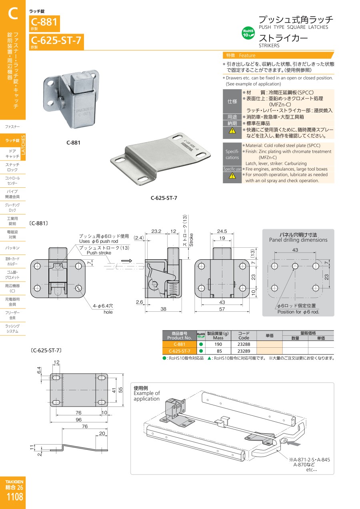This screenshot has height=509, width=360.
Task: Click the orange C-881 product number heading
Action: [x=44, y=22]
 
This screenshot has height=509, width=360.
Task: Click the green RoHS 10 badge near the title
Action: [x=248, y=33]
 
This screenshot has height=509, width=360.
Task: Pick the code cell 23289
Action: [x=244, y=351]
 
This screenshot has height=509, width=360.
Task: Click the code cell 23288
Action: [x=244, y=344]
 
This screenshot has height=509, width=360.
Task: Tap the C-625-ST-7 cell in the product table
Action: [x=179, y=351]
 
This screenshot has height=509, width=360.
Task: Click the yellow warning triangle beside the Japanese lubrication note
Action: [x=232, y=130]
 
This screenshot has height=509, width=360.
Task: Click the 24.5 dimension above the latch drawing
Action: [x=222, y=231]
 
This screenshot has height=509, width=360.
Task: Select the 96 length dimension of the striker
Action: [x=78, y=420]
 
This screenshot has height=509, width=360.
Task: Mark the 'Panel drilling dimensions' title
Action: [x=298, y=240]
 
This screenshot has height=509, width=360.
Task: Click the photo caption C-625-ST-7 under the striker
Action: [x=164, y=198]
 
